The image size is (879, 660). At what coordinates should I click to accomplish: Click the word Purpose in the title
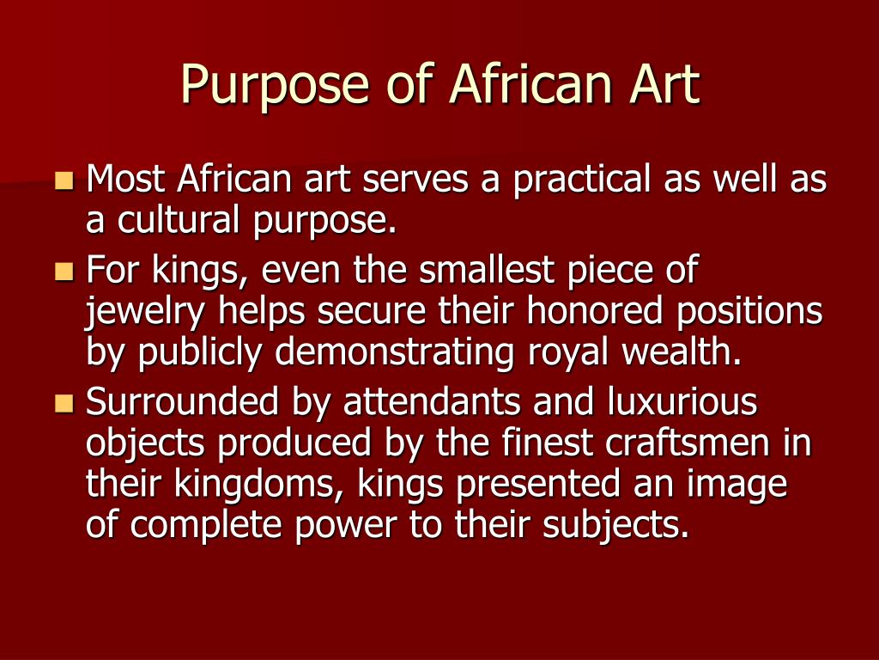tap(275, 85)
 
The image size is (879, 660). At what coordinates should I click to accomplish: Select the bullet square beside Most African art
tap(64, 180)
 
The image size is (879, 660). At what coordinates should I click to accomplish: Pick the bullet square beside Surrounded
tap(64, 403)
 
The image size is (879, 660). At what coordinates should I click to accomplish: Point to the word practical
tap(582, 180)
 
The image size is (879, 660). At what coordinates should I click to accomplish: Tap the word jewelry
tap(145, 312)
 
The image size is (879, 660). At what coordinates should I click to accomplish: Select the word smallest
tap(487, 270)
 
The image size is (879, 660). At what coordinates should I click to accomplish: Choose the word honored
tap(595, 310)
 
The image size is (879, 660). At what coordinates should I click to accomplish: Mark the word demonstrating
tap(394, 353)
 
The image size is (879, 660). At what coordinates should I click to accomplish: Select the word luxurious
tap(682, 402)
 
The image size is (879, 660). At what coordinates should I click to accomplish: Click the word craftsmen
tap(688, 443)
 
